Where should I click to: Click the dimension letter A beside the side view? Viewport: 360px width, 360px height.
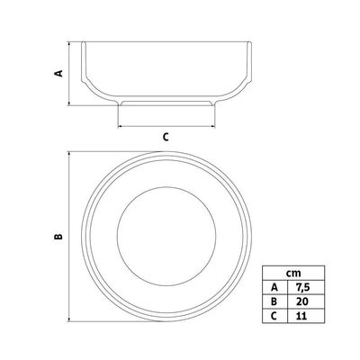coord(58,73)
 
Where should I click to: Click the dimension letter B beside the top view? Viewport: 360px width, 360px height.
coord(58,237)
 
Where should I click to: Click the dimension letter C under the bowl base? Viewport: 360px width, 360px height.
coord(166,137)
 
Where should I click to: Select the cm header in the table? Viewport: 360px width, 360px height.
coord(293,274)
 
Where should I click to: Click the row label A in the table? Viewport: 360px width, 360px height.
coord(274,288)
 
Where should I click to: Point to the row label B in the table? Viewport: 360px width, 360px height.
coord(274,301)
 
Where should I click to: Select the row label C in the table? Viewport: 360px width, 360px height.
coord(274,316)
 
